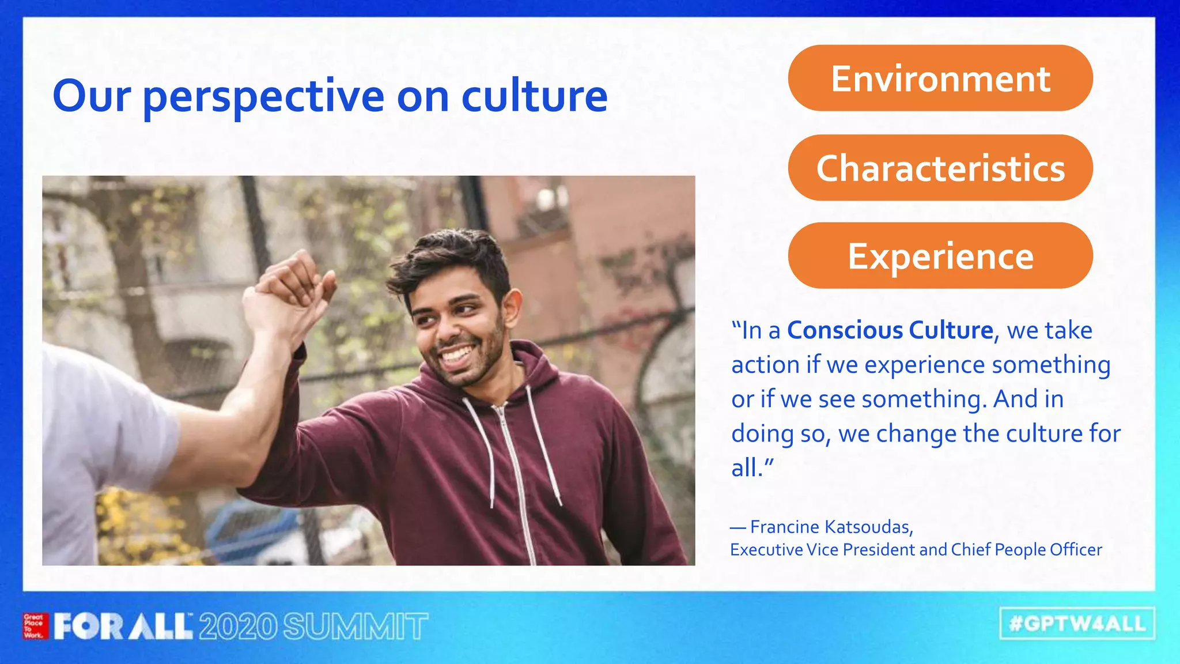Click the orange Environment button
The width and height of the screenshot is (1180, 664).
click(940, 78)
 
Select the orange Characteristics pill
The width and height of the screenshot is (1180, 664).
click(940, 168)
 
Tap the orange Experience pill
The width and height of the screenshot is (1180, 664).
click(940, 256)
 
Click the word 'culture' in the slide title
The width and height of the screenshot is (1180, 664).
click(534, 96)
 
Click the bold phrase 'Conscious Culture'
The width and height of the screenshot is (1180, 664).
click(890, 330)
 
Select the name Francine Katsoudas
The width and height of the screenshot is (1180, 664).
click(831, 527)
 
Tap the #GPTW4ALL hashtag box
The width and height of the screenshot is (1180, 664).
click(1077, 624)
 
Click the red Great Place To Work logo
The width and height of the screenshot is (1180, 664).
click(35, 626)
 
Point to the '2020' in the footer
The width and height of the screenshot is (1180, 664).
click(237, 627)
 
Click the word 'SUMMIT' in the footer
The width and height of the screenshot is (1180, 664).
click(355, 627)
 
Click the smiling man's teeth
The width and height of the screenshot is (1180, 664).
click(456, 353)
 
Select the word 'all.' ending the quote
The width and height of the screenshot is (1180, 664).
click(747, 467)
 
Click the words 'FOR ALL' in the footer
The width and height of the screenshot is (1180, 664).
click(122, 627)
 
